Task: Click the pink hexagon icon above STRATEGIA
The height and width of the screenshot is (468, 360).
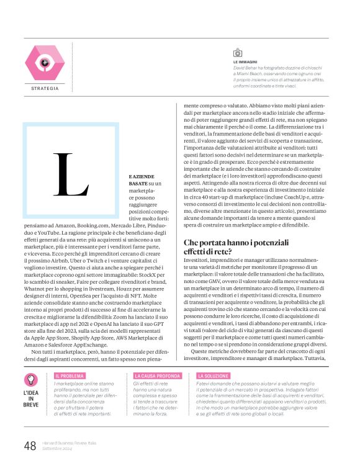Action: (45, 63)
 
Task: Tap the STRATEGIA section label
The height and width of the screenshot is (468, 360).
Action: (45, 89)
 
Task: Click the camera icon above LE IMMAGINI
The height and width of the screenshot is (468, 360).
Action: (237, 53)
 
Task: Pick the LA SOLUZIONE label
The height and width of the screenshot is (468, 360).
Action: (214, 376)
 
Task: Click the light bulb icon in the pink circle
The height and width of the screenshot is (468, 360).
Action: (30, 380)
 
